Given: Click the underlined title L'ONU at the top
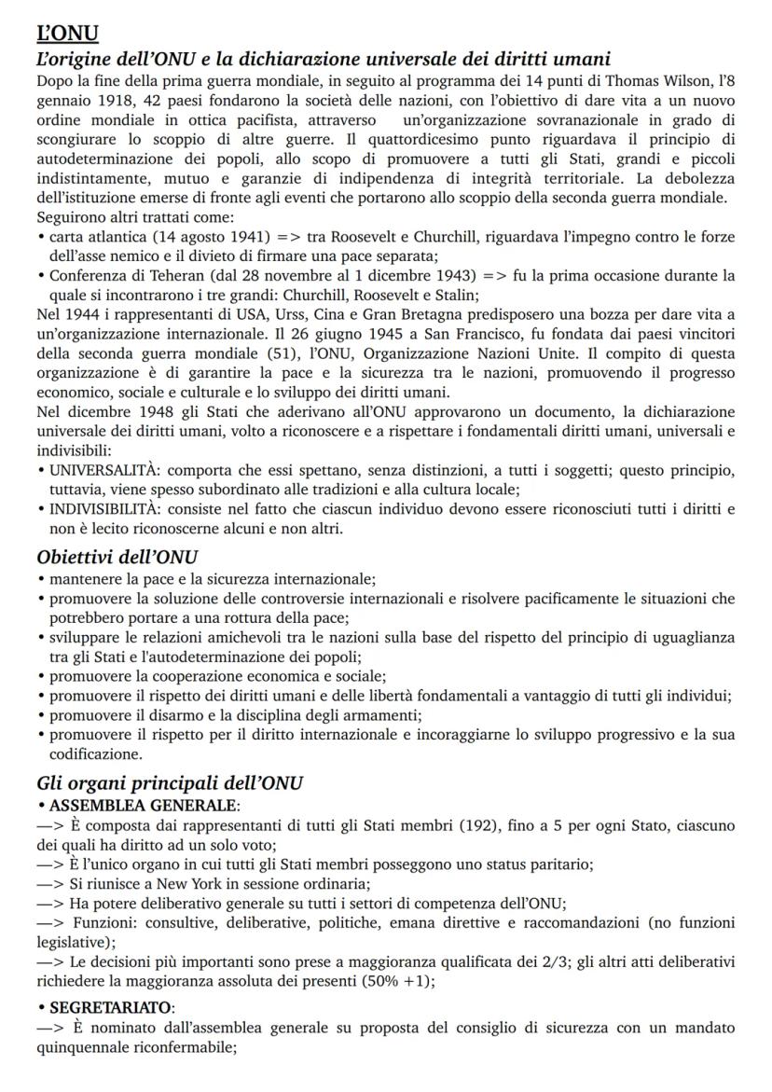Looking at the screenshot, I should click(x=67, y=35).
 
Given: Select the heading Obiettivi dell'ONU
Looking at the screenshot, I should click(x=117, y=557).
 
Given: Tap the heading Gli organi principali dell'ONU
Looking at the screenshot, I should click(x=170, y=783).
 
